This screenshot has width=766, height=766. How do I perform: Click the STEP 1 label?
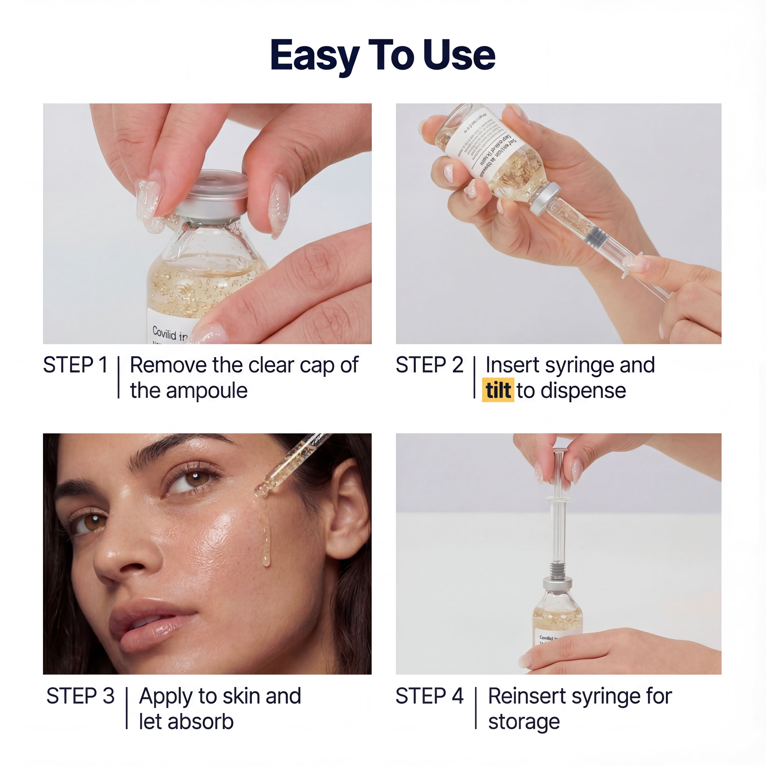pyautogui.click(x=75, y=365)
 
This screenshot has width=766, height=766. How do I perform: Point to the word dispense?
pyautogui.click(x=583, y=391)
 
